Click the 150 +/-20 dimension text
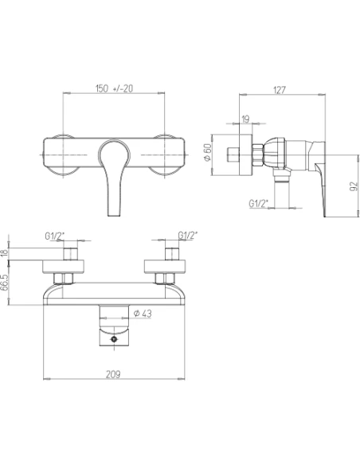(114, 88)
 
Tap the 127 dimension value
(280, 90)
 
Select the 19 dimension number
(245, 119)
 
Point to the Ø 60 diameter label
(208, 152)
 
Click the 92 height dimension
(354, 186)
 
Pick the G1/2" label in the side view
(258, 203)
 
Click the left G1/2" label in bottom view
(55, 236)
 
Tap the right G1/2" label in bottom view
(188, 235)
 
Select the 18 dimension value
(4, 253)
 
